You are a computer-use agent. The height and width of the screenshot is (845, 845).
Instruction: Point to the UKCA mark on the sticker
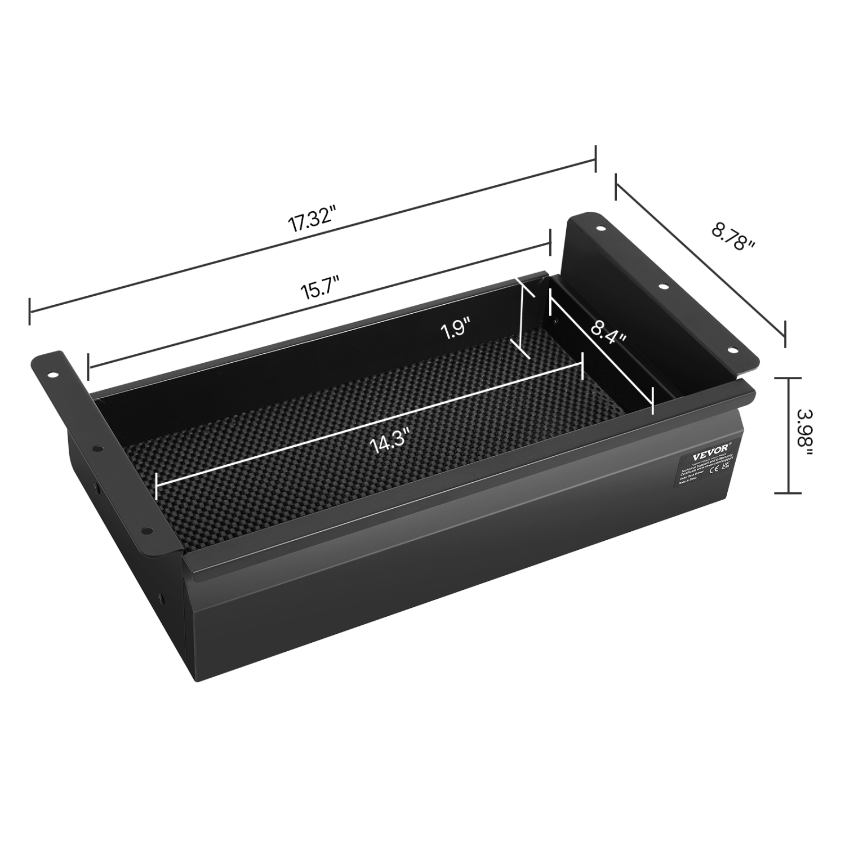[x=726, y=467]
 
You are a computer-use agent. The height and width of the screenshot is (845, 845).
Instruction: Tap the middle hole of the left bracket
[x=99, y=449]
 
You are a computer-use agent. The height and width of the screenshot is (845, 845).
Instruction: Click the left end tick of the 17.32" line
[x=30, y=310]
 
